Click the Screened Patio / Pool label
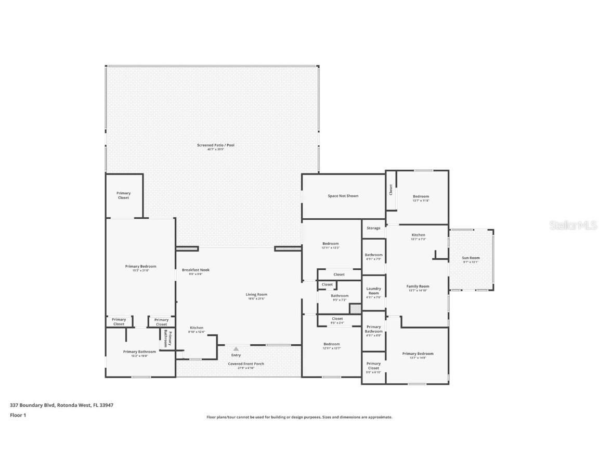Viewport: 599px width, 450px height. click(215, 145)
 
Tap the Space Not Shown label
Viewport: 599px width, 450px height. click(343, 196)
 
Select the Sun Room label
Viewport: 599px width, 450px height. click(471, 258)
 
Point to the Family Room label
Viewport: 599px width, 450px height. click(418, 286)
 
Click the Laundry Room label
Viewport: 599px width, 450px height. click(373, 291)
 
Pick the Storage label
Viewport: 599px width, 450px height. click(373, 228)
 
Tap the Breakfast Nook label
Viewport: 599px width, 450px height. click(192, 270)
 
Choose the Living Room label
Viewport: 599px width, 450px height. click(256, 294)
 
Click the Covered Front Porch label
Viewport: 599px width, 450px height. click(246, 364)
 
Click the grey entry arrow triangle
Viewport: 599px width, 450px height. click(236, 349)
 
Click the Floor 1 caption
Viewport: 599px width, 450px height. click(18, 415)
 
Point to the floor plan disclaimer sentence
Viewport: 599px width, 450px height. click(299, 417)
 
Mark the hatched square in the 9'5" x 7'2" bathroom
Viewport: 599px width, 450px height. click(355, 308)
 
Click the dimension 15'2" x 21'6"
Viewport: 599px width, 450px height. click(140, 271)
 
